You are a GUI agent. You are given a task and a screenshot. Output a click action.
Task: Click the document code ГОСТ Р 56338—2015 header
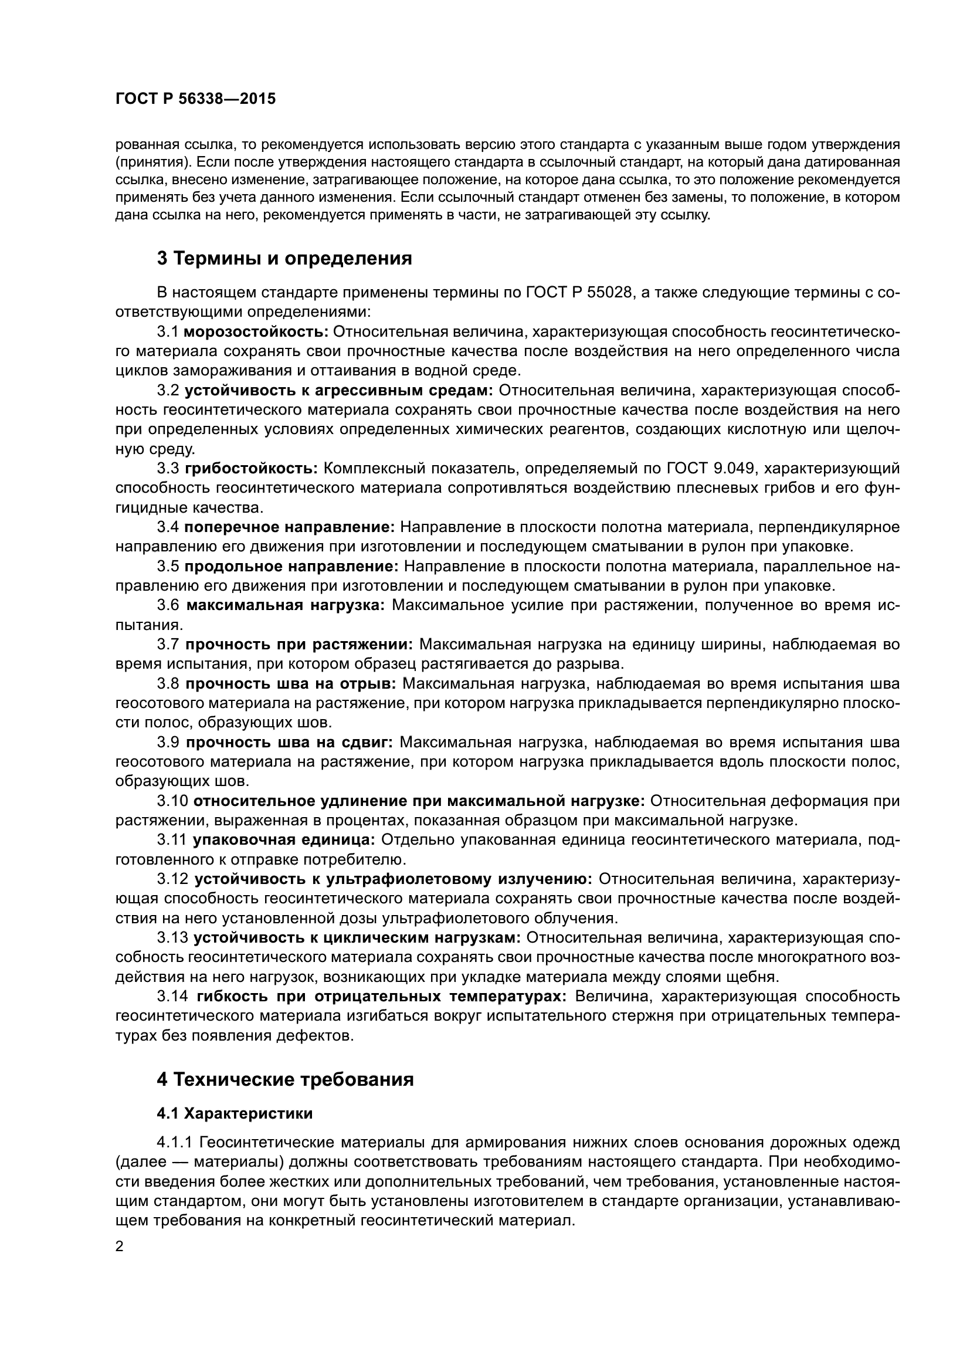[x=195, y=99]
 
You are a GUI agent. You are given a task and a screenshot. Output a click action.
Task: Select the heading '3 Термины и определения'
[x=284, y=258]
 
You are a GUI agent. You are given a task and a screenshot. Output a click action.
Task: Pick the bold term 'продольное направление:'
[x=292, y=566]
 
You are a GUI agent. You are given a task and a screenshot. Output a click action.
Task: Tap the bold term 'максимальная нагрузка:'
[x=286, y=605]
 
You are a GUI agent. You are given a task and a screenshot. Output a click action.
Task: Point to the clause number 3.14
[x=172, y=996]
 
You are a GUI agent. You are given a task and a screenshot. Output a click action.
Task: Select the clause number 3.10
[x=172, y=801]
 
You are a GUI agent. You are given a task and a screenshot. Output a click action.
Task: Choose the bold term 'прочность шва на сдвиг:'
[x=289, y=742]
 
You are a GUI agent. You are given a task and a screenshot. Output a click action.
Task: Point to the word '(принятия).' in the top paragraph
[x=152, y=162]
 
